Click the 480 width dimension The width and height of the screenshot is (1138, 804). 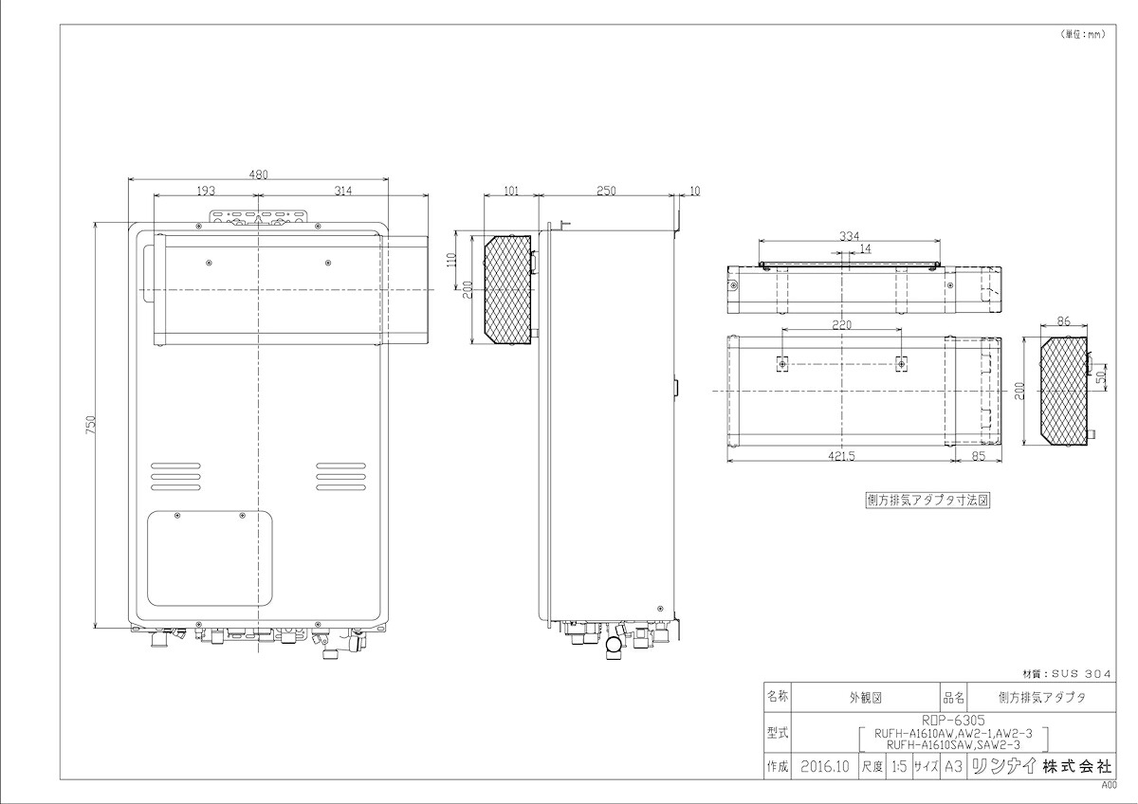(258, 174)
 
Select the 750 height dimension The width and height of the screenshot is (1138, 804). (90, 425)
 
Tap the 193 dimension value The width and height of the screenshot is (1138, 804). (206, 191)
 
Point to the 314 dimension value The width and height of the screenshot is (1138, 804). (343, 191)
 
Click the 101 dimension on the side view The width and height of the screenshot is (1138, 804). (511, 191)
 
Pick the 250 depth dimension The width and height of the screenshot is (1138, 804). (606, 191)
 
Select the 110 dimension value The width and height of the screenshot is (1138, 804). (450, 262)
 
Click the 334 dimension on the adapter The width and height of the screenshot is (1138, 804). (849, 236)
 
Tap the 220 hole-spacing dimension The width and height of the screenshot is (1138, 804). (841, 324)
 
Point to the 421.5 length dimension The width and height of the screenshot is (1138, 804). (841, 456)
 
